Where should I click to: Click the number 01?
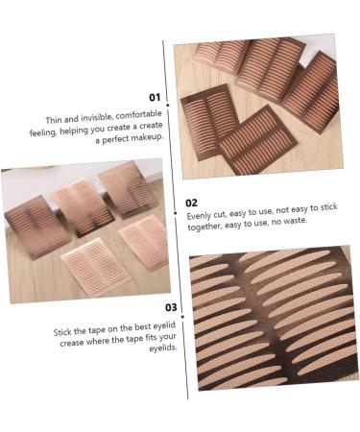tap(155, 97)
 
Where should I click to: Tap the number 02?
tap(192, 203)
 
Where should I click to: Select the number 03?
tap(171, 307)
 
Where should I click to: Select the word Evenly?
tap(201, 218)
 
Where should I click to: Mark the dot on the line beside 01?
tap(168, 104)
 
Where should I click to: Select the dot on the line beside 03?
tap(183, 309)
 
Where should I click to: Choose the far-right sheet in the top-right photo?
tap(312, 93)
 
